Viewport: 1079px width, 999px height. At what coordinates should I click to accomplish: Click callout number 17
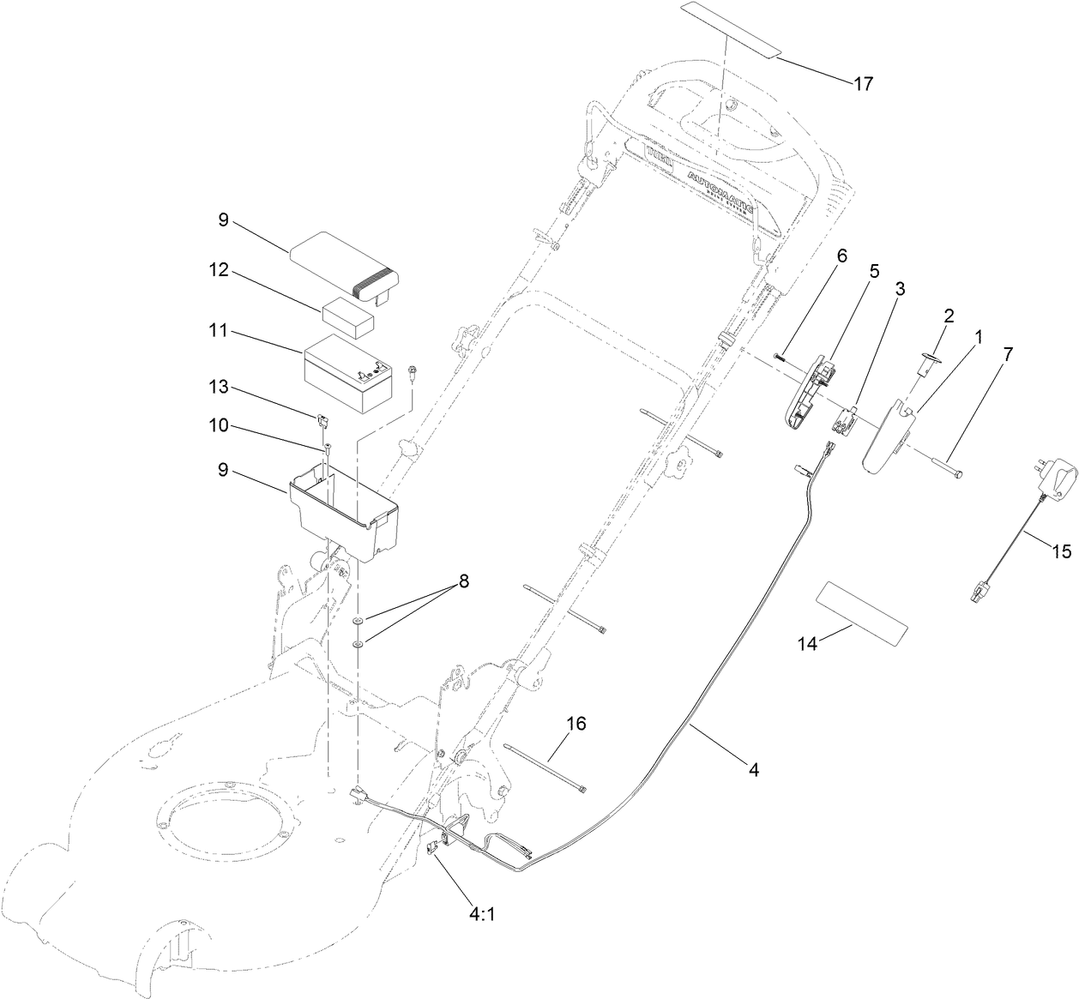pyautogui.click(x=862, y=83)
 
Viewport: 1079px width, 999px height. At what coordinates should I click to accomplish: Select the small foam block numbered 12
pyautogui.click(x=348, y=316)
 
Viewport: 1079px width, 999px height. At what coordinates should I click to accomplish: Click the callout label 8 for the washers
pyautogui.click(x=464, y=581)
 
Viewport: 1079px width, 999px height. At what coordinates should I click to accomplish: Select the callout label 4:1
pyautogui.click(x=482, y=914)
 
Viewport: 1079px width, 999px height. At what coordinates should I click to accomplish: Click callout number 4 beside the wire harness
pyautogui.click(x=753, y=770)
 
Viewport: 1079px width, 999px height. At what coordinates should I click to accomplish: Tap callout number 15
pyautogui.click(x=1062, y=552)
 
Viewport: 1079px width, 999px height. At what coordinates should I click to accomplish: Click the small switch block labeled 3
pyautogui.click(x=846, y=420)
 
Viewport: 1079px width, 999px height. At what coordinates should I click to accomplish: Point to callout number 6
pyautogui.click(x=841, y=256)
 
